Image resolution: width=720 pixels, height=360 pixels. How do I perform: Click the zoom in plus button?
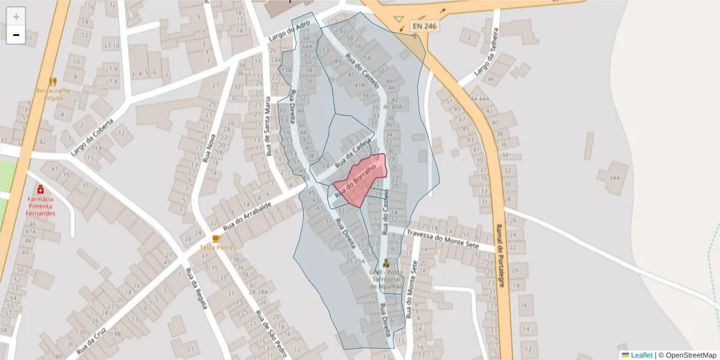pyautogui.click(x=16, y=17)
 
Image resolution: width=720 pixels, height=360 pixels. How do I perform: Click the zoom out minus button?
pyautogui.click(x=16, y=35)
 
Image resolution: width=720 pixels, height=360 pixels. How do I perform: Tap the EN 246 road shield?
pyautogui.click(x=425, y=26)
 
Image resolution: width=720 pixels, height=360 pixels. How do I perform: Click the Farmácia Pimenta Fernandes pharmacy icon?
pyautogui.click(x=40, y=189)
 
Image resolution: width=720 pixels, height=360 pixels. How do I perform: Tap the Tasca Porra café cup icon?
pyautogui.click(x=216, y=238)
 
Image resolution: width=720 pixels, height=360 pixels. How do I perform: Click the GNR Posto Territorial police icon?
pyautogui.click(x=386, y=263)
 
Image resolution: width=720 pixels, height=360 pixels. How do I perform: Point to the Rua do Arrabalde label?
pyautogui.click(x=247, y=217)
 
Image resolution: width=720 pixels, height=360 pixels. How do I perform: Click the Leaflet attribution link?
pyautogui.click(x=640, y=355)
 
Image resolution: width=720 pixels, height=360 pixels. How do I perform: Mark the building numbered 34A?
pyautogui.click(x=614, y=178)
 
